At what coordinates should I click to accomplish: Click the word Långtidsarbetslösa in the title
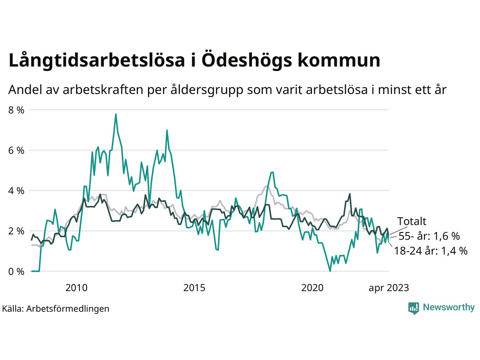[x=97, y=61]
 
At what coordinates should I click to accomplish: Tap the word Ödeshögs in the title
[x=246, y=61]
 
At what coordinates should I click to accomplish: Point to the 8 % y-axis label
[x=16, y=110]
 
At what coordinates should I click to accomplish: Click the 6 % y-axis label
[x=16, y=150]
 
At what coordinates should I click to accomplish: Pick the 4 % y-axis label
[x=16, y=191]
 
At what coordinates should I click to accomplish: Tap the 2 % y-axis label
[x=16, y=231]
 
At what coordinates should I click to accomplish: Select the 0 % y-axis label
[x=16, y=271]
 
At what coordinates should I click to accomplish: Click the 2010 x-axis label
[x=76, y=288]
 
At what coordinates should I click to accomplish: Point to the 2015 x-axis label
[x=194, y=288]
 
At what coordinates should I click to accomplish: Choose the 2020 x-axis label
[x=312, y=288]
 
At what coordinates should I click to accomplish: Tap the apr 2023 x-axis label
[x=389, y=288]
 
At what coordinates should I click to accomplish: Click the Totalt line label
[x=412, y=221]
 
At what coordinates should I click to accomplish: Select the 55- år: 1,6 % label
[x=429, y=236]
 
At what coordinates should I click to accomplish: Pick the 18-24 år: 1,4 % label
[x=431, y=251]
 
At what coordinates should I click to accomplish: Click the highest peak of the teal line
[x=116, y=114]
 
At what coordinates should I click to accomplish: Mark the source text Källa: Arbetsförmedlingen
[x=55, y=309]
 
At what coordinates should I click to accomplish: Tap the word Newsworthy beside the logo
[x=448, y=307]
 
